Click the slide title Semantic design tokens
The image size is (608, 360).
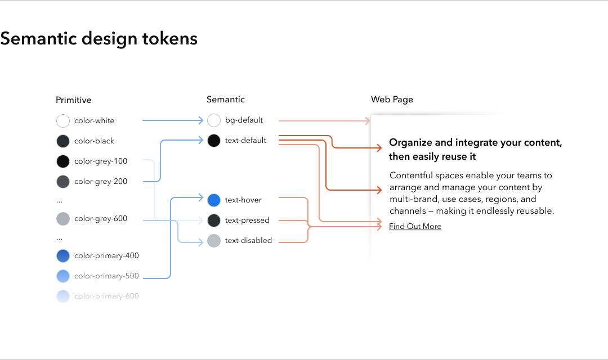click(99, 38)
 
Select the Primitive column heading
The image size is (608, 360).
click(73, 100)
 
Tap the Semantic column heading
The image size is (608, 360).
click(225, 100)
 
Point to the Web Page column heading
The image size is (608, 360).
click(392, 100)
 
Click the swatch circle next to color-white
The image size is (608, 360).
click(63, 121)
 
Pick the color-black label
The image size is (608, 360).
click(94, 141)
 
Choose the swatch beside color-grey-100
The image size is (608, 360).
click(63, 161)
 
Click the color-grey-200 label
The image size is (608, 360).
click(101, 182)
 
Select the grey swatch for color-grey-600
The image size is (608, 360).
click(63, 219)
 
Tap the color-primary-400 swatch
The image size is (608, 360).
click(63, 256)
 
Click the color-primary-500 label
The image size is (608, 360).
click(106, 276)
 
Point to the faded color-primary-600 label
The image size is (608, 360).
click(106, 296)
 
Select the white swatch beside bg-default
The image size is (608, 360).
click(214, 120)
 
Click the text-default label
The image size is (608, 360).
click(245, 141)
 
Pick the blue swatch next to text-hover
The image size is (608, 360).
click(214, 200)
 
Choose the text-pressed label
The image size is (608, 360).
click(247, 220)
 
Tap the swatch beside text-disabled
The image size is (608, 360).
click(214, 241)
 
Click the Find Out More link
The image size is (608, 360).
click(415, 227)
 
